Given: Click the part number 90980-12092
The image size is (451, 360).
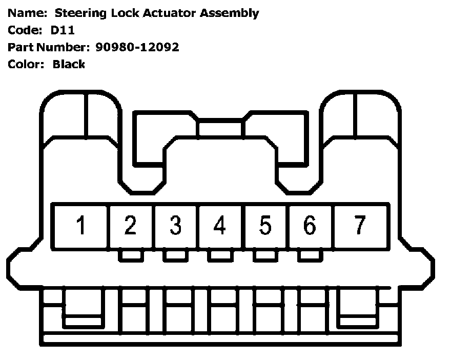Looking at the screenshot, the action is (137, 47).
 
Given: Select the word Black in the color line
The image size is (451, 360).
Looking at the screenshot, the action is (69, 65).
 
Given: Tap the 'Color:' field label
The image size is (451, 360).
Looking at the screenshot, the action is (26, 65).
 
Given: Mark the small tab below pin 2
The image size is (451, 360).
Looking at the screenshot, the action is (130, 255).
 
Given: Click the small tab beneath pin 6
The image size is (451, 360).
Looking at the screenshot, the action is (310, 255).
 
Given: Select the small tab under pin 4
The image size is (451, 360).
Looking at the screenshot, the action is (220, 255).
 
